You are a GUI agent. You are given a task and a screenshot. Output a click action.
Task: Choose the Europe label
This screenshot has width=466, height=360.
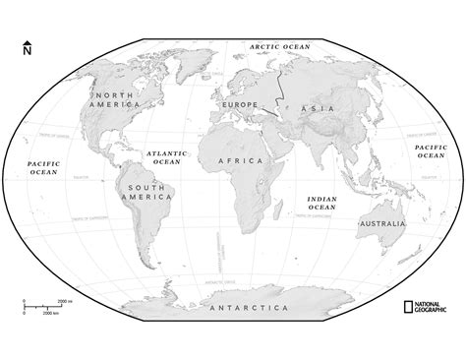[240, 104]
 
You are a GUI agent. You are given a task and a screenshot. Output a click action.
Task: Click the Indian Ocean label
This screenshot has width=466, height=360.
[321, 203]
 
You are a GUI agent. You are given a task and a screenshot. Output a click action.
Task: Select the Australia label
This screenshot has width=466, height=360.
[382, 224]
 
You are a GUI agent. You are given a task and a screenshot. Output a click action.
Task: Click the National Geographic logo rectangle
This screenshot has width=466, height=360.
[406, 306]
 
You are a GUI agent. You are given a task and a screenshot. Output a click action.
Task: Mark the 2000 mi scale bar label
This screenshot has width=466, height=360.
[63, 299]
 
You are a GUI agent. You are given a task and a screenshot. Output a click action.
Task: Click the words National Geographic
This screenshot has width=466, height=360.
[432, 306]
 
